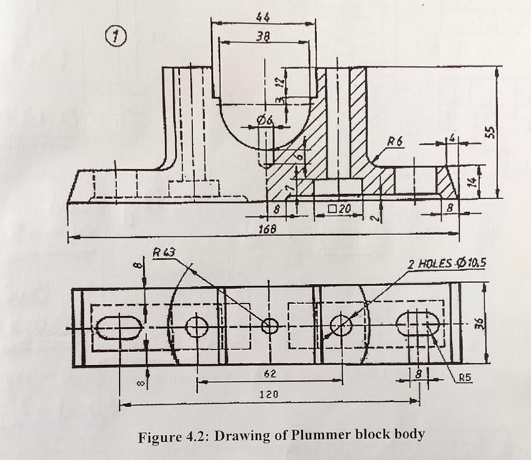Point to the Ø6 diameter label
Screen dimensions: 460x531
point(265,121)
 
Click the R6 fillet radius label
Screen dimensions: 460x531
point(394,142)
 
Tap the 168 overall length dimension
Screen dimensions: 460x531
point(268,228)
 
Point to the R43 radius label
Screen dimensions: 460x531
point(164,252)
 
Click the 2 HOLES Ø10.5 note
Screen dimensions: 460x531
point(447,263)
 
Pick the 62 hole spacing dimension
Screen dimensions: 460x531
point(271,374)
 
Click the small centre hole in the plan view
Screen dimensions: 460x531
point(270,327)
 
